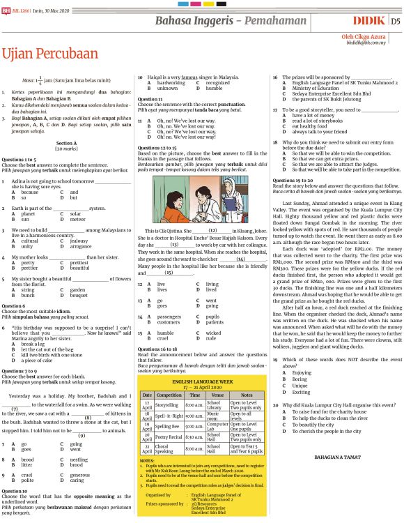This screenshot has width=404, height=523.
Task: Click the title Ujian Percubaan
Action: (x=49, y=54)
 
